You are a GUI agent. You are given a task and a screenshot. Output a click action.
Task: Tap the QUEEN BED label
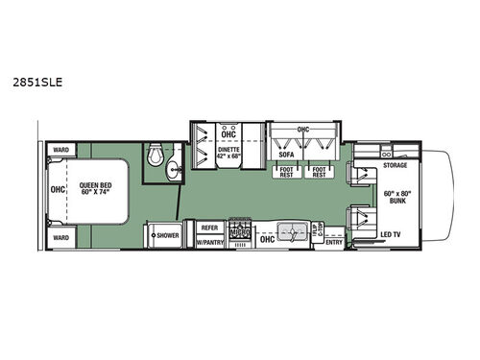pyautogui.click(x=96, y=190)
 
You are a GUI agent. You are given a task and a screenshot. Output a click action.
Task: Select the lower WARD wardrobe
pyautogui.click(x=60, y=236)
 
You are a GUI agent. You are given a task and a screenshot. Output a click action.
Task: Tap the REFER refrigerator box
pyautogui.click(x=209, y=228)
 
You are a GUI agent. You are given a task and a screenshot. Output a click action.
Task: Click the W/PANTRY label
pyautogui.click(x=210, y=242)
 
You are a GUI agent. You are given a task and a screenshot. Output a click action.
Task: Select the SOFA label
pyautogui.click(x=284, y=152)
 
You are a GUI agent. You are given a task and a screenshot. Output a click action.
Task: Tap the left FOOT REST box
pyautogui.click(x=288, y=171)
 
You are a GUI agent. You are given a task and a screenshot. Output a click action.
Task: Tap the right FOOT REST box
pyautogui.click(x=320, y=171)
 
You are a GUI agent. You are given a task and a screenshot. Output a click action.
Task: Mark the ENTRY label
pyautogui.click(x=334, y=242)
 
